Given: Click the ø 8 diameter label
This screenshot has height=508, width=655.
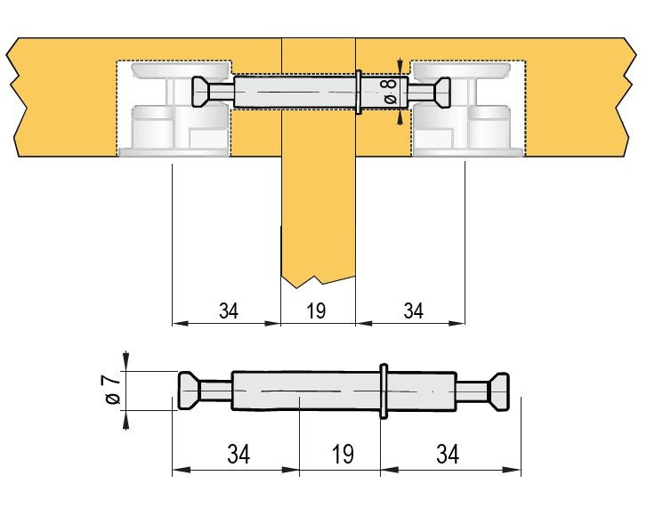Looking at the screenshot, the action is (390, 91).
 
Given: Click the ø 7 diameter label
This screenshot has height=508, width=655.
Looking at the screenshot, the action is (113, 390).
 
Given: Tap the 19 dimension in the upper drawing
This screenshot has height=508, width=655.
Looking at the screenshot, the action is (316, 310).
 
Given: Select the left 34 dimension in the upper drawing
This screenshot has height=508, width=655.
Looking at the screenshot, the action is (229, 310).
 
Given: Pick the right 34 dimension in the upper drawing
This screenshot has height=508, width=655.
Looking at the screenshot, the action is (414, 310).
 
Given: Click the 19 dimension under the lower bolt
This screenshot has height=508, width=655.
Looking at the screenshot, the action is (343, 454).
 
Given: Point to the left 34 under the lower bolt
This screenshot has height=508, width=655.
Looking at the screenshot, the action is (239, 454).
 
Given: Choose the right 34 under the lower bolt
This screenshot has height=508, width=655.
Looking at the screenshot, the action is (448, 454).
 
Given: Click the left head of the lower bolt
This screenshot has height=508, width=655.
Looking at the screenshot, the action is (190, 391).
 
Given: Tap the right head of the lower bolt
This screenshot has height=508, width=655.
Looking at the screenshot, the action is (499, 391).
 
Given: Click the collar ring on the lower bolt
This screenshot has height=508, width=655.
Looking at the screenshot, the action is (384, 391).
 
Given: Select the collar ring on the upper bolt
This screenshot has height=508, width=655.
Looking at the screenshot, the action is (359, 92).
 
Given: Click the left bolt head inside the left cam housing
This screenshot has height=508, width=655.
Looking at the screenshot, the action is (200, 92).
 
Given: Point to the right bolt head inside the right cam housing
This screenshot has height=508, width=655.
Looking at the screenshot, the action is (442, 92).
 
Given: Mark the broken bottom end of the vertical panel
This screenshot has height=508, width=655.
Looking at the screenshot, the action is (318, 281).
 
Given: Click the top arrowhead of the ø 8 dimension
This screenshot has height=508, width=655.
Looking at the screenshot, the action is (400, 66).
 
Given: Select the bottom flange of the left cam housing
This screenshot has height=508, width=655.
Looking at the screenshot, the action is (174, 152).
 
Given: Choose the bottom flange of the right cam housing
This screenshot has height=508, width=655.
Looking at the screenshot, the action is (467, 152).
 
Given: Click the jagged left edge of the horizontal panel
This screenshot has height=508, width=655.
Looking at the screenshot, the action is (16, 97).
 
